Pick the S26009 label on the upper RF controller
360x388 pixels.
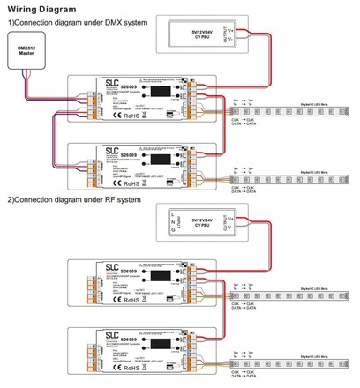point(131,271)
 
